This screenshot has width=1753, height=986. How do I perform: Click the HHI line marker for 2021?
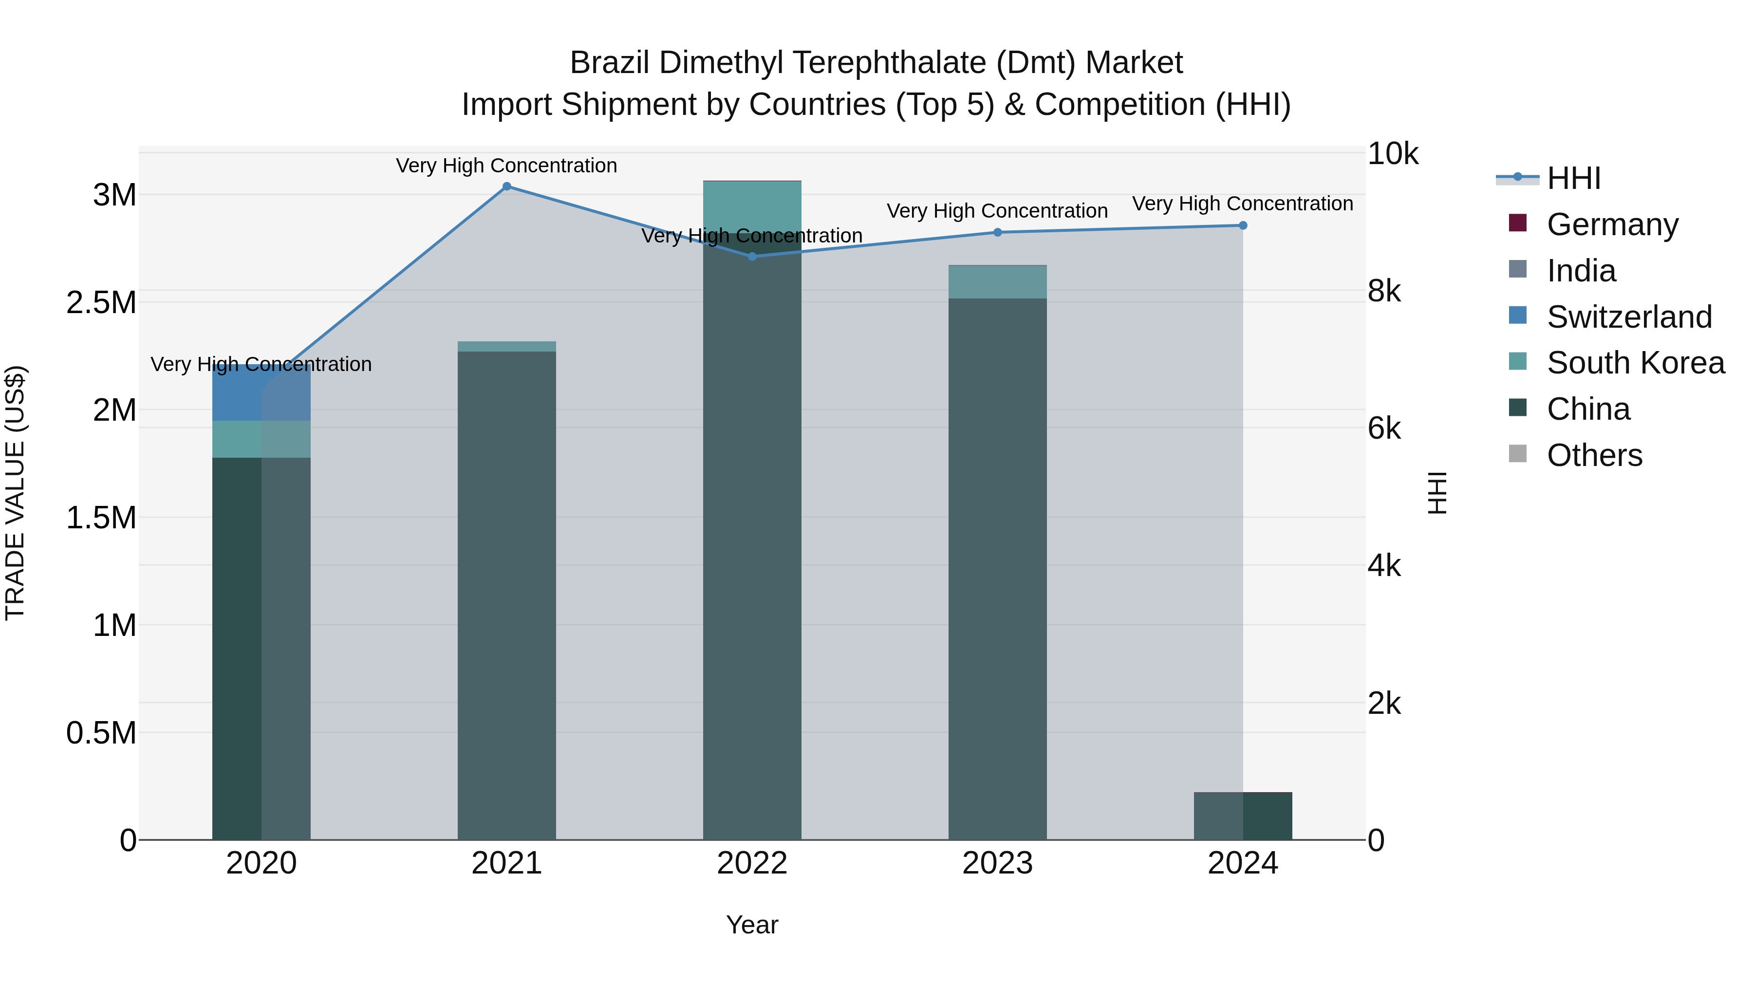point(506,186)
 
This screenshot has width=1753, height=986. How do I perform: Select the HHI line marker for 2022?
point(752,257)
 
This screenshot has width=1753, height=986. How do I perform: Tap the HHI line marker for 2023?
point(998,233)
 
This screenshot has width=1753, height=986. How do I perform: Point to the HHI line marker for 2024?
point(1243,225)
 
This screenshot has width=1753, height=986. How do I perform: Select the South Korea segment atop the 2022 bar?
point(752,204)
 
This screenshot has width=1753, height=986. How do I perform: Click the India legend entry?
point(1581,271)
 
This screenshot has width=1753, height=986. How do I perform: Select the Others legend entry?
point(1594,455)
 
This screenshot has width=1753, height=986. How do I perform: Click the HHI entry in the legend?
point(1573,178)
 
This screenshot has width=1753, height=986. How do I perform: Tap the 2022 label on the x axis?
point(752,863)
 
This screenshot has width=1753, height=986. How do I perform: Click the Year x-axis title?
point(752,925)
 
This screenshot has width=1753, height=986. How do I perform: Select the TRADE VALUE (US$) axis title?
point(15,493)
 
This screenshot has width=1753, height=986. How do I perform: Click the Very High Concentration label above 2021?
point(506,166)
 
